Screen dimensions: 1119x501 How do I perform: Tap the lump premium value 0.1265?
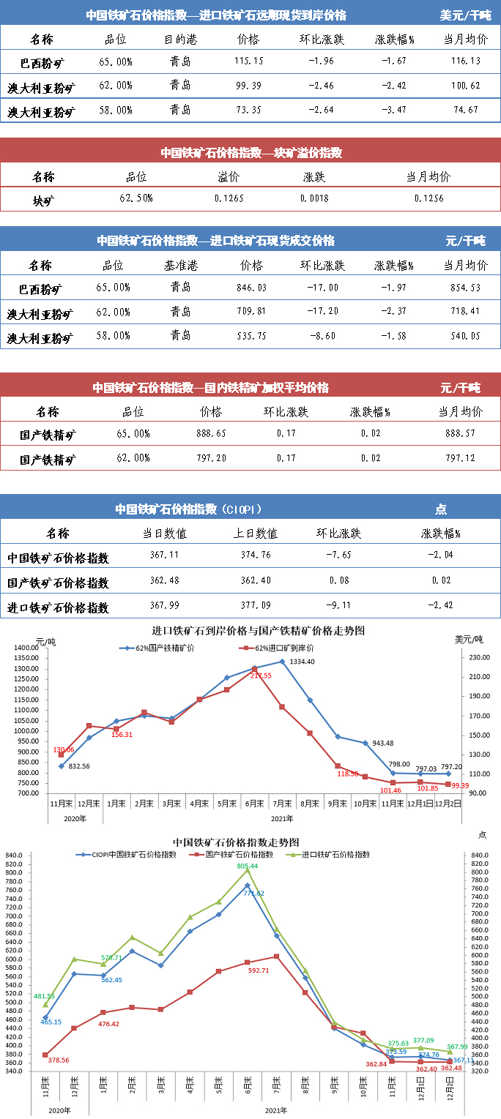point(229,198)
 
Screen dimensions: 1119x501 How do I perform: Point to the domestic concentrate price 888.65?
point(211,434)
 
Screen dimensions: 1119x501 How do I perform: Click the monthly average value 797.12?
point(460,459)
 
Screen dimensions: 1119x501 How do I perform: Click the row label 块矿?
point(43,199)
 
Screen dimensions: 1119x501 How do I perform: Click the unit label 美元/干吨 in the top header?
point(465,15)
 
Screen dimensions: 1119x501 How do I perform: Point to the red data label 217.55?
point(261,675)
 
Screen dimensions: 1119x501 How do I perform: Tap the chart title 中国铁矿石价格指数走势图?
point(236,843)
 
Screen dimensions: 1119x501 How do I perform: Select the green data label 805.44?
point(248,866)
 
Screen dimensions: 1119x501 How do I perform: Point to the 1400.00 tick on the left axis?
point(26,648)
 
